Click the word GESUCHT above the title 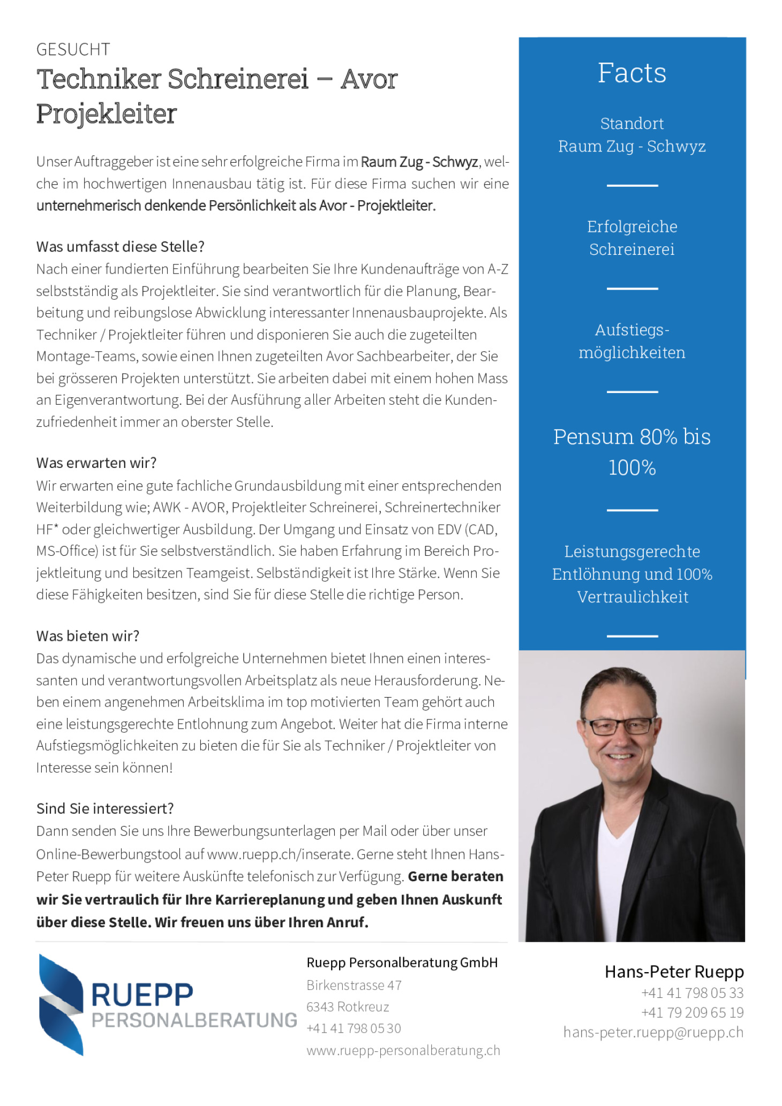(x=73, y=49)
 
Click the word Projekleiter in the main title (x=106, y=113)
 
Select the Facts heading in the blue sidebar (x=631, y=73)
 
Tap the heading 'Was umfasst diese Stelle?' (x=120, y=246)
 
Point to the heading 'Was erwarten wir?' (x=96, y=463)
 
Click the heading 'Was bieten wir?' (x=87, y=635)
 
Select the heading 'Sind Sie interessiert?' (x=105, y=808)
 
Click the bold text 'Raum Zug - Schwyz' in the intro (x=419, y=162)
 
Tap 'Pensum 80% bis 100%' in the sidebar (x=631, y=452)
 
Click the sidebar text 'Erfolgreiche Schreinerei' (x=631, y=238)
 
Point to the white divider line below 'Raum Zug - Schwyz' (x=631, y=185)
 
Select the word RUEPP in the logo (x=142, y=995)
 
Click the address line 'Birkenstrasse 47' (x=354, y=985)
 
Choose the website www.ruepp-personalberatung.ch (x=403, y=1050)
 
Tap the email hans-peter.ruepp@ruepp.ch (x=653, y=1032)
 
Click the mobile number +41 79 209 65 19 (x=692, y=1012)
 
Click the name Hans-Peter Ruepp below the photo (x=674, y=972)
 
